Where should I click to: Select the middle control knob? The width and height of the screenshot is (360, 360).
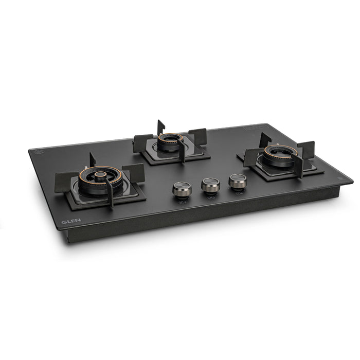pyautogui.click(x=210, y=185)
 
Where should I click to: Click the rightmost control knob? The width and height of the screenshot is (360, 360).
pyautogui.click(x=237, y=181)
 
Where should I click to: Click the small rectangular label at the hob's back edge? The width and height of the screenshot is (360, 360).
pyautogui.click(x=256, y=126)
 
